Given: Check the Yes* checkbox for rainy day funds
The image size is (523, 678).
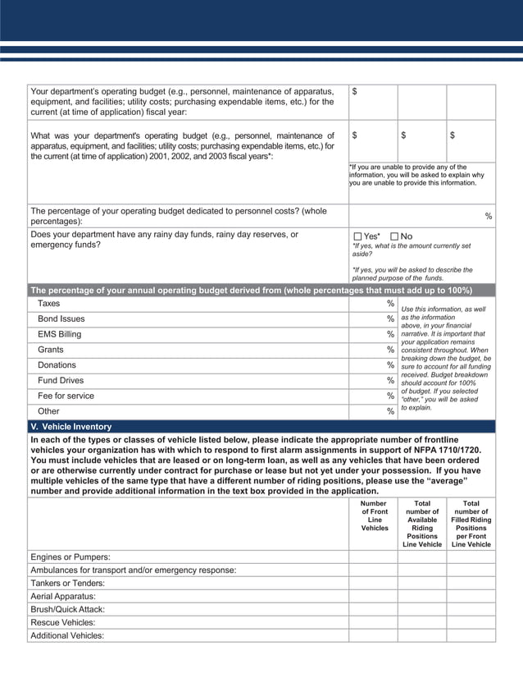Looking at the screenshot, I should pyautogui.click(x=357, y=237).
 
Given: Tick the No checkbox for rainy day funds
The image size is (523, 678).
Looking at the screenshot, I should pyautogui.click(x=394, y=237).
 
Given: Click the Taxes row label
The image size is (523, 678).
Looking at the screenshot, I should pyautogui.click(x=49, y=304).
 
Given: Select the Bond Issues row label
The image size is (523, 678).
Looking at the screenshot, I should pyautogui.click(x=61, y=318).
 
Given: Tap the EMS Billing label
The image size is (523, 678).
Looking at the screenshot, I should pyautogui.click(x=59, y=334).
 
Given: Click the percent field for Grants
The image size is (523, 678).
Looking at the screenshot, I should pyautogui.click(x=373, y=350).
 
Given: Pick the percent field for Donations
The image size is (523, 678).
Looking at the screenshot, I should pyautogui.click(x=373, y=365).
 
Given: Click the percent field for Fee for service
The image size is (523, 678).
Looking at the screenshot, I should pyautogui.click(x=373, y=396).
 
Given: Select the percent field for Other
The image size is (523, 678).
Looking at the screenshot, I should pyautogui.click(x=373, y=411).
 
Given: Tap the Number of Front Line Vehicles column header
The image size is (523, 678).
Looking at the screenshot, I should pyautogui.click(x=373, y=515).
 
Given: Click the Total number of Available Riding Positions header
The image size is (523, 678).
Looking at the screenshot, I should pyautogui.click(x=422, y=524).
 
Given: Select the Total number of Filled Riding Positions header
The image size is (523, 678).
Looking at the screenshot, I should pyautogui.click(x=471, y=524).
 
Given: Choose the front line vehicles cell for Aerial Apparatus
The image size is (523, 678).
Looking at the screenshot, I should pyautogui.click(x=373, y=596).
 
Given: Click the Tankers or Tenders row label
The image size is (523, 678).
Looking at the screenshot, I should pyautogui.click(x=67, y=583).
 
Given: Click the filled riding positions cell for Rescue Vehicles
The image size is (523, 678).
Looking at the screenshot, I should pyautogui.click(x=471, y=622).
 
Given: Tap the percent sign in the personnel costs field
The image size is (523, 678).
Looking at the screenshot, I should pyautogui.click(x=489, y=217).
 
